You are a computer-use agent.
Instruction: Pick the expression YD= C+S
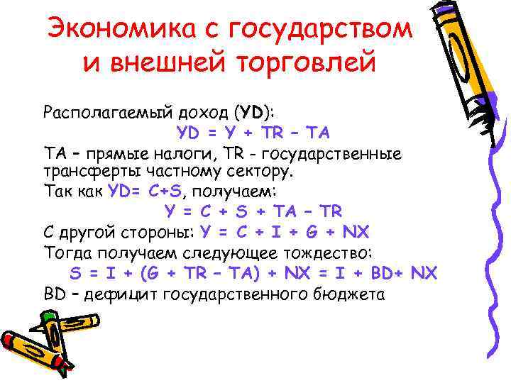point(149,191)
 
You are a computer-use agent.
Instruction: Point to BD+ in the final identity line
point(380,273)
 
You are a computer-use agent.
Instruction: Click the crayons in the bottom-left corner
point(39,348)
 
